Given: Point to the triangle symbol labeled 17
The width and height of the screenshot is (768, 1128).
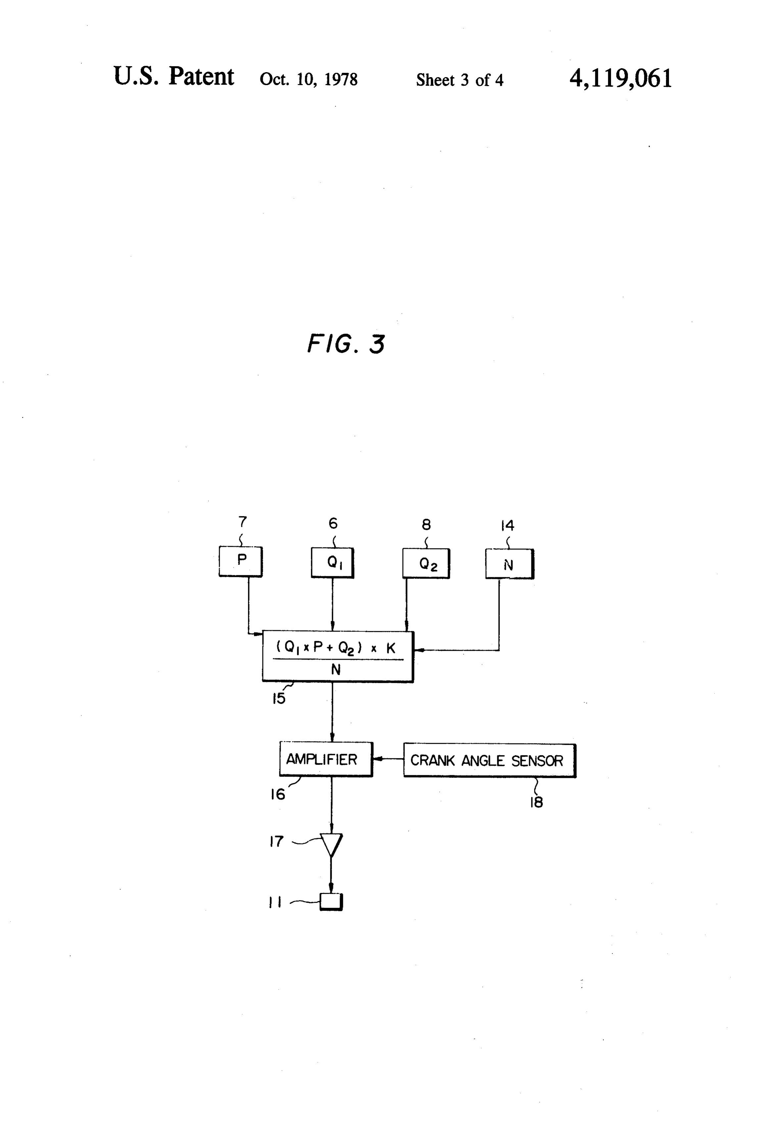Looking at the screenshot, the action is [331, 845].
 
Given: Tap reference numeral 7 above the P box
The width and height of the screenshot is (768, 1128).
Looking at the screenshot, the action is [243, 522].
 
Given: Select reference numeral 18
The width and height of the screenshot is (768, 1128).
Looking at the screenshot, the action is [536, 802].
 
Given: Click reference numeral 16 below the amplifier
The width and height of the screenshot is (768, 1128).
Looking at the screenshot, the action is [278, 794].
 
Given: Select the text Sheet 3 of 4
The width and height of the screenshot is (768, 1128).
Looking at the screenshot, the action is [460, 79].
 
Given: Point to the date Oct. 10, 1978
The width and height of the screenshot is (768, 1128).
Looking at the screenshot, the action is [309, 79].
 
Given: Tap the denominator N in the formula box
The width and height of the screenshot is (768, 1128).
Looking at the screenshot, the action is [335, 670].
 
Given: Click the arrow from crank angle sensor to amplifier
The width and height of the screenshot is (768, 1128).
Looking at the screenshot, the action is [388, 759].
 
